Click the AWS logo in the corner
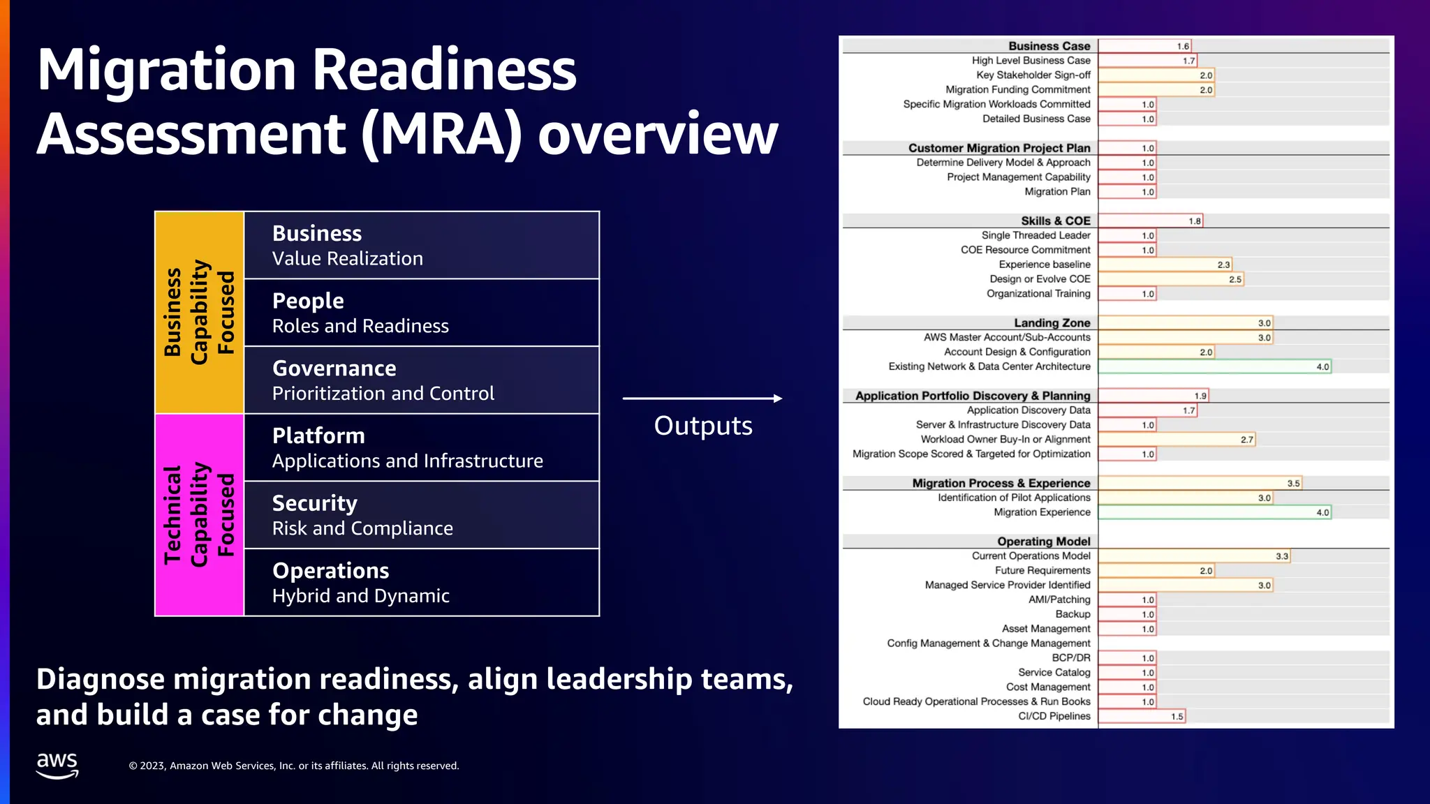pos(57,765)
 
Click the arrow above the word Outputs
pos(702,399)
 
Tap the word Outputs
pos(703,426)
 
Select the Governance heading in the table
pos(334,368)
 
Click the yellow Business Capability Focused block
pos(199,312)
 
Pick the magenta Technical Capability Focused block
pos(199,515)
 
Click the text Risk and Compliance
pos(362,528)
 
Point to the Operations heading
pos(330,571)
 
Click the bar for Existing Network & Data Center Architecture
pos(1215,366)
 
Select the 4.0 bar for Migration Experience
pos(1215,512)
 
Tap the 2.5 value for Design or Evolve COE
pos(1235,279)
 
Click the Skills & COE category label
pos(1055,221)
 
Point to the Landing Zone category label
pos(1052,322)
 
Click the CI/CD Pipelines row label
pos(1054,716)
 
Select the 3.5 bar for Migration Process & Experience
pos(1200,483)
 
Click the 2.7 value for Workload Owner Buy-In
pos(1247,440)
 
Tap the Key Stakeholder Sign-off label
pos(1033,75)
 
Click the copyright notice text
pos(294,766)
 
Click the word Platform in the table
pos(318,436)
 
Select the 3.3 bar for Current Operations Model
pos(1194,556)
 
